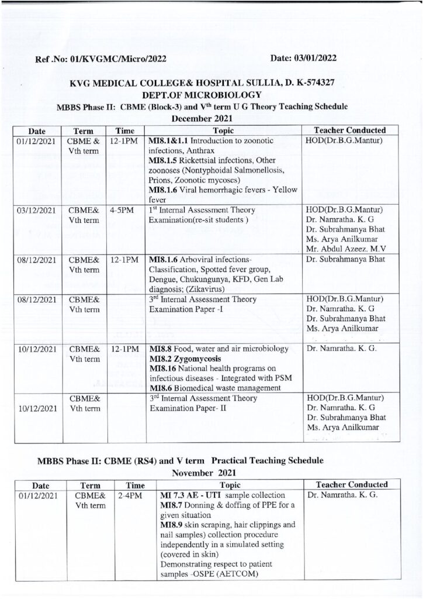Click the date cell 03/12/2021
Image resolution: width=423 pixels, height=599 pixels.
[x=36, y=210]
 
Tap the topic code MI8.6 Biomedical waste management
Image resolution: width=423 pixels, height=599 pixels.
[x=222, y=388]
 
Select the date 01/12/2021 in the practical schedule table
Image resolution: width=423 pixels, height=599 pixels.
[x=36, y=495]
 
